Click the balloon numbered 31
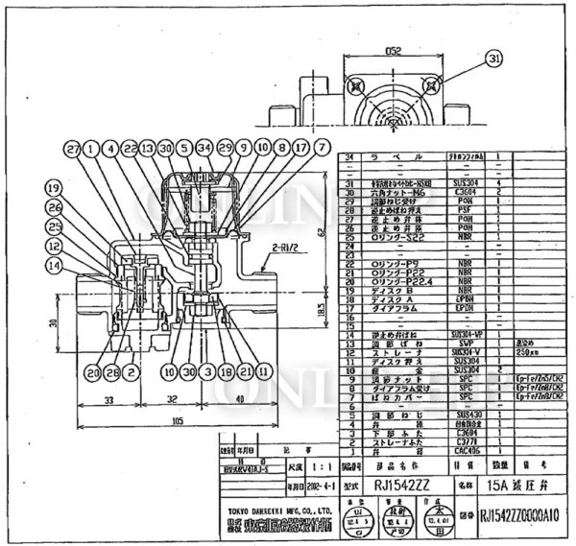494,59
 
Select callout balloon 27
72,149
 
